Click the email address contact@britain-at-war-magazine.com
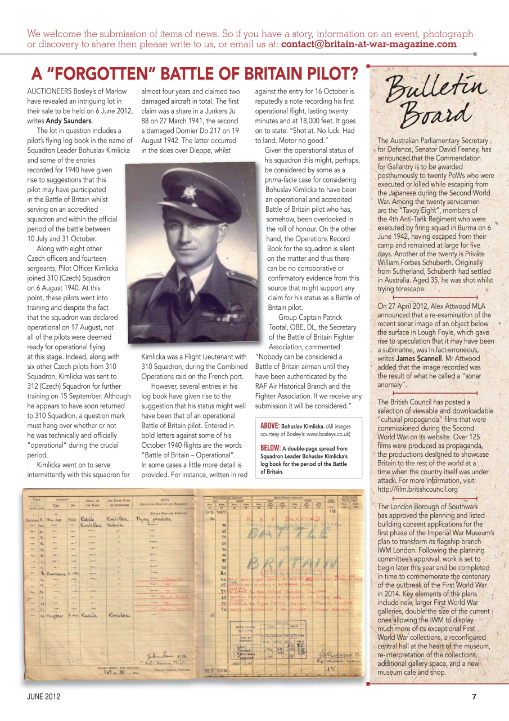(x=368, y=44)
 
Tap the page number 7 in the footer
(x=475, y=697)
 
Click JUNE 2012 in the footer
(x=44, y=697)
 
